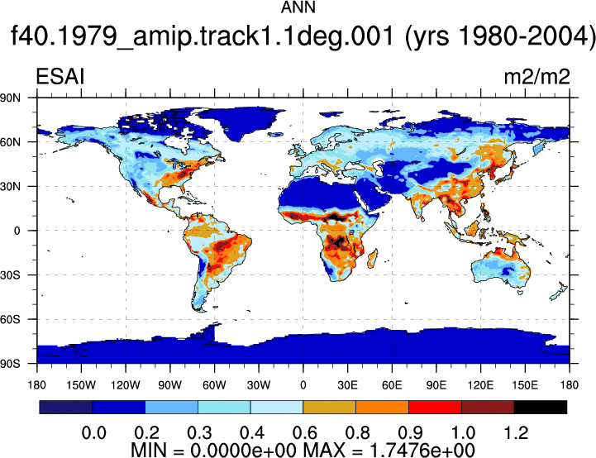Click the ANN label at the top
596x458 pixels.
[298, 7]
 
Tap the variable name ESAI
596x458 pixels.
[60, 76]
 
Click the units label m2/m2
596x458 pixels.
[536, 77]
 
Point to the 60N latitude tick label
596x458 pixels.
[11, 142]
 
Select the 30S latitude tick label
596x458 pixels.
[11, 274]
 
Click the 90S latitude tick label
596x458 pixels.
[11, 364]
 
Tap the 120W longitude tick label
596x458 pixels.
[126, 385]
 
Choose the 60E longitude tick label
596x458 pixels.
[392, 385]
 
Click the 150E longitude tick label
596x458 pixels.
[525, 385]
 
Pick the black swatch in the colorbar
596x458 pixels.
[540, 407]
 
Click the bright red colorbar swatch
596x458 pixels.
[435, 407]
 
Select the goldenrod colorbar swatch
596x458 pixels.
[330, 407]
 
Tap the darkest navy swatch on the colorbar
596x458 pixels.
[66, 407]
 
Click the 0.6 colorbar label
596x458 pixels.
[304, 433]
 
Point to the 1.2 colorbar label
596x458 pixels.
[516, 433]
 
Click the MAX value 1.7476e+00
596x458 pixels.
[422, 451]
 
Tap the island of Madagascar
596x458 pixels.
[373, 259]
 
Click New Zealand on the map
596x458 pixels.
[559, 290]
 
